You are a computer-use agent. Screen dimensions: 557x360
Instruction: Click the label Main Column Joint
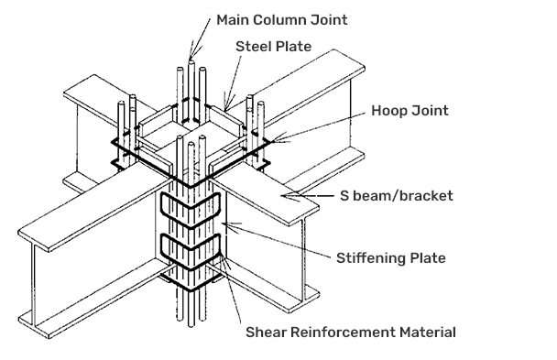click(x=281, y=20)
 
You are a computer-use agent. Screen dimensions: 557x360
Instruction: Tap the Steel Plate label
click(x=274, y=47)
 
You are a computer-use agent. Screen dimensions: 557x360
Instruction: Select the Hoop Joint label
click(x=410, y=111)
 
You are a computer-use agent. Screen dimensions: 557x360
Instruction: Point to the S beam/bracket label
click(x=397, y=196)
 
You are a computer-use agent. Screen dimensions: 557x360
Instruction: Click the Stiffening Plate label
click(x=391, y=258)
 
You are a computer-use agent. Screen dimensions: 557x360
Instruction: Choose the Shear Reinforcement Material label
click(x=351, y=333)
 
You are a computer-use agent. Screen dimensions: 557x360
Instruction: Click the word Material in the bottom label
click(x=427, y=333)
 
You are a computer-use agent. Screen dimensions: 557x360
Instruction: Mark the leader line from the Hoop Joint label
click(x=318, y=127)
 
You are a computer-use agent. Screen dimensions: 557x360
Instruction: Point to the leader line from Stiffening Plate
click(x=276, y=239)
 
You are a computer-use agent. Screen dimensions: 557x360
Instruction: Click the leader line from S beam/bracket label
click(x=307, y=195)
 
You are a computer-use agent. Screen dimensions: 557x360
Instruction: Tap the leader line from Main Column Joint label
click(x=200, y=37)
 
